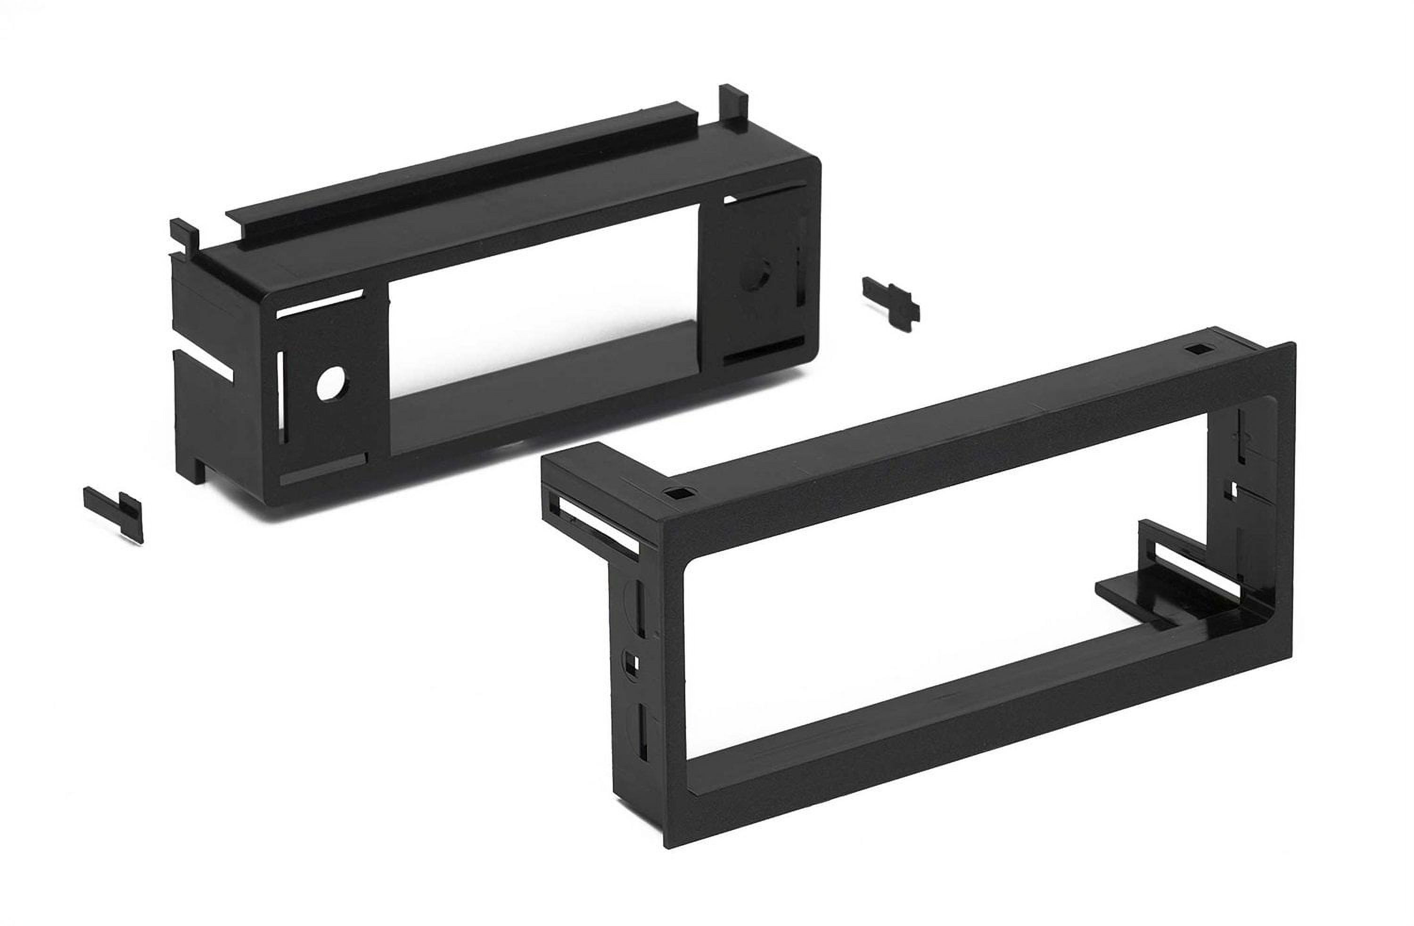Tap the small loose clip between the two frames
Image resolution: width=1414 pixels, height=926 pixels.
(890, 302)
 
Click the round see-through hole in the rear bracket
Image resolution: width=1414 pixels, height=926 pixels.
(328, 385)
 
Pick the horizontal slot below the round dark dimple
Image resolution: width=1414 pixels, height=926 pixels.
(764, 355)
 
